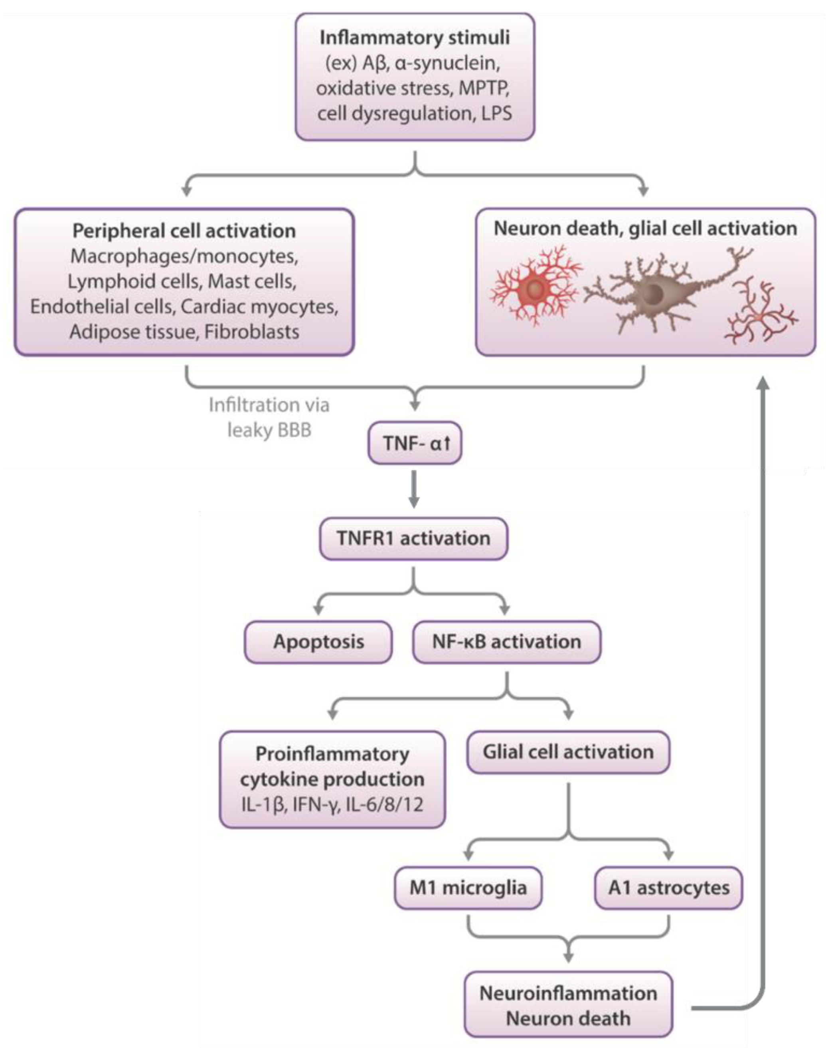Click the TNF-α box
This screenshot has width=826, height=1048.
click(415, 443)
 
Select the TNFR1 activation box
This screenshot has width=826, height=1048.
click(413, 538)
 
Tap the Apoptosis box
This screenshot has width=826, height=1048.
click(318, 642)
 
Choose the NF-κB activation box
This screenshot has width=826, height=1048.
click(506, 642)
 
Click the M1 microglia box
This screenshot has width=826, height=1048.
click(468, 888)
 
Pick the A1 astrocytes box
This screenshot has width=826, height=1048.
click(668, 888)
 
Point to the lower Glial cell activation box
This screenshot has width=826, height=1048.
click(568, 751)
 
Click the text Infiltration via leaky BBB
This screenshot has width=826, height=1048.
click(269, 417)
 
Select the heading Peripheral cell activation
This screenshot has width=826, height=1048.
click(184, 231)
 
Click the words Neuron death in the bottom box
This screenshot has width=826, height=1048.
click(568, 1018)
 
